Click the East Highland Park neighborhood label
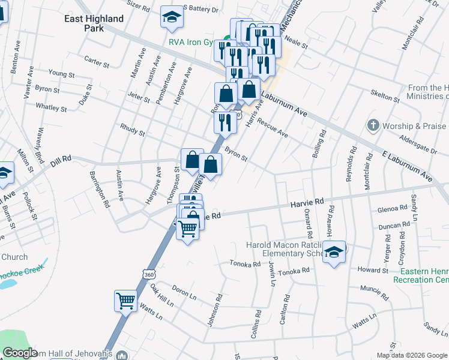click(94, 23)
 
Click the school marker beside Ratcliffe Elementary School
click(334, 251)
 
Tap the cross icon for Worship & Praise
click(373, 126)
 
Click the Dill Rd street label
click(61, 159)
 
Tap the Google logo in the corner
click(20, 353)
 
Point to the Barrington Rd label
click(99, 190)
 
